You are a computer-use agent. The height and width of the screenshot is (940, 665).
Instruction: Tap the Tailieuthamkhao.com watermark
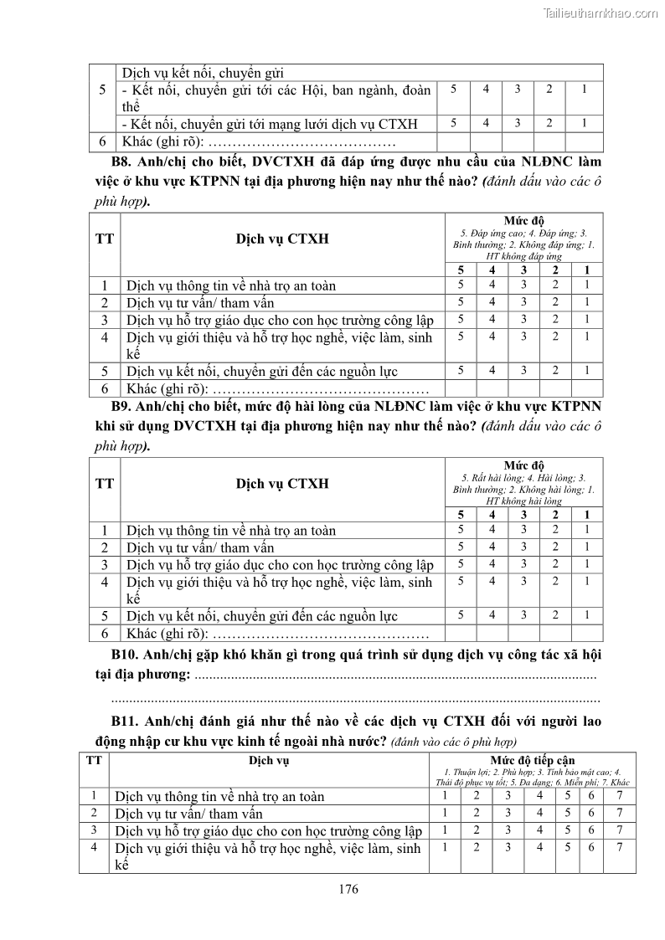click(601, 13)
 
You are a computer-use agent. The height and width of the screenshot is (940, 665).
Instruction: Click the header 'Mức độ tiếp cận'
click(533, 760)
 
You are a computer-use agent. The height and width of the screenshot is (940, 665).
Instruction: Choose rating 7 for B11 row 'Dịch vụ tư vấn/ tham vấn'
click(618, 813)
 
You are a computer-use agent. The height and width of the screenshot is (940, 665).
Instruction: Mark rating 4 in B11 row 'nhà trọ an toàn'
click(539, 795)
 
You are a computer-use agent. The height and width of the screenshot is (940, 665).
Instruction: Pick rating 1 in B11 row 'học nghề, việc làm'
click(445, 847)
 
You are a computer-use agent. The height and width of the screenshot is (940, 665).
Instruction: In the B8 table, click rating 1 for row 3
click(587, 319)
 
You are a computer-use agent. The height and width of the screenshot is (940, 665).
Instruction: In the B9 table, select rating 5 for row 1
click(460, 529)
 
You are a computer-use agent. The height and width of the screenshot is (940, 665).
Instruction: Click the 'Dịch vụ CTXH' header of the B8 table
click(271, 239)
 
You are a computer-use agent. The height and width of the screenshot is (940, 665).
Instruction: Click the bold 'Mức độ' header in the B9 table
click(523, 465)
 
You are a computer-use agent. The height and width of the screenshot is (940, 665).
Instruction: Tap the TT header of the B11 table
click(95, 760)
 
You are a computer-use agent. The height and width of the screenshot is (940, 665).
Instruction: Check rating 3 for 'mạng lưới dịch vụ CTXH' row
click(517, 123)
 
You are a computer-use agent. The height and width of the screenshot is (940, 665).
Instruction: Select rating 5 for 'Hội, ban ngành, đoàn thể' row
click(453, 89)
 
